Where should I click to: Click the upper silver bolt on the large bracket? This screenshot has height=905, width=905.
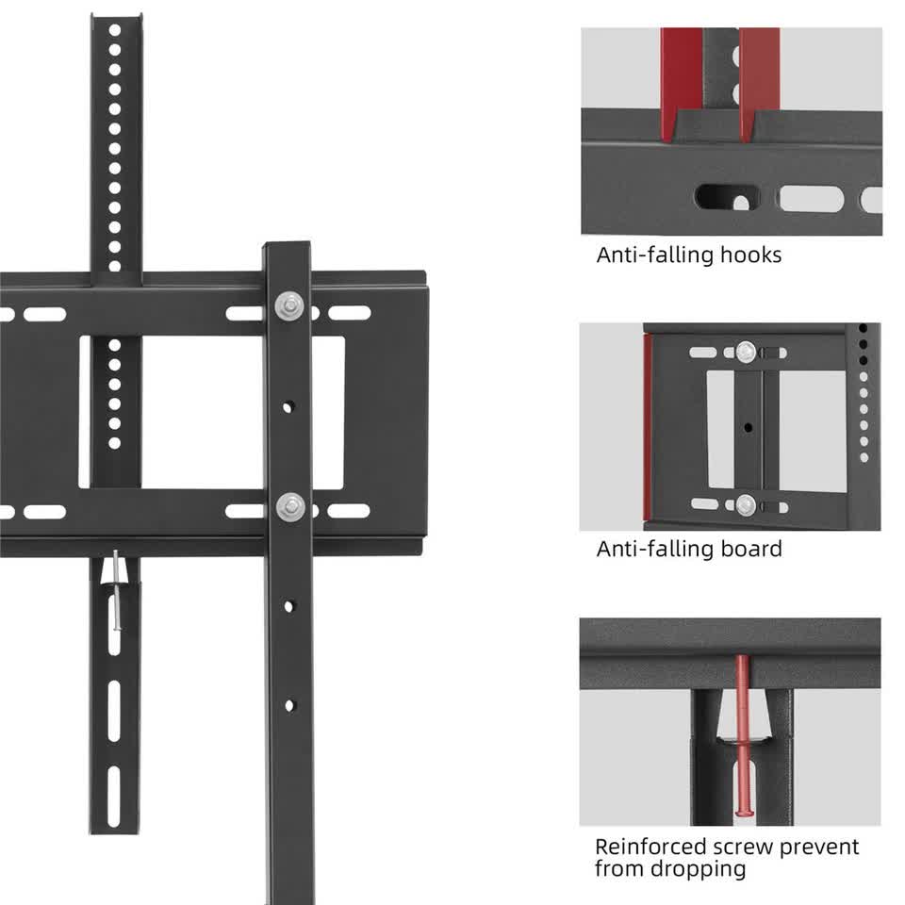(288, 305)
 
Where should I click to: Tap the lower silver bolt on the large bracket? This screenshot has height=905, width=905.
(288, 506)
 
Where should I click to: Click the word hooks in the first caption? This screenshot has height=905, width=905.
(750, 255)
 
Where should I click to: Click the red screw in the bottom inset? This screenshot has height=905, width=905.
(742, 735)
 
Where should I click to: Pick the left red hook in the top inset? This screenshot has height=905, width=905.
(681, 83)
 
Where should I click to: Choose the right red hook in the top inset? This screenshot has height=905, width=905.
(759, 83)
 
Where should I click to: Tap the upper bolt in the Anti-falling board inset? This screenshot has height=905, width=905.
(746, 352)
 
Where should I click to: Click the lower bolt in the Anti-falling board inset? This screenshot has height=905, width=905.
(746, 503)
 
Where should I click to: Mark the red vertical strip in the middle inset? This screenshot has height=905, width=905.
(648, 429)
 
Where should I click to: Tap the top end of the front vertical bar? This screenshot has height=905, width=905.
(287, 249)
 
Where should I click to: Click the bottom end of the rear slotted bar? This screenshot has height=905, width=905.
(114, 827)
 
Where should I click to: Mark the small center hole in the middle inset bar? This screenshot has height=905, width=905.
(748, 427)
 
